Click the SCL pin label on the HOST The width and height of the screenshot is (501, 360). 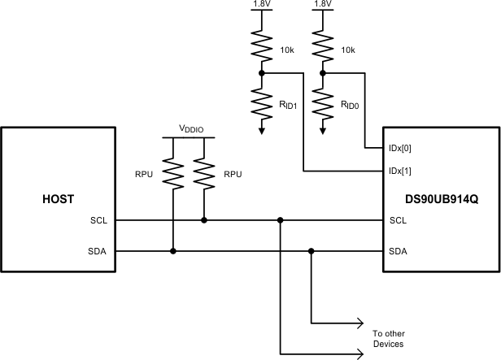(x=99, y=220)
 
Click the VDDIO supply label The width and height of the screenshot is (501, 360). (x=193, y=129)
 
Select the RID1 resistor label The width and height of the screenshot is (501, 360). (x=289, y=104)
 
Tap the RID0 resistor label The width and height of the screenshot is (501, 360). (x=350, y=104)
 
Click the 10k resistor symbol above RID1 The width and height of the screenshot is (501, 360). (x=262, y=42)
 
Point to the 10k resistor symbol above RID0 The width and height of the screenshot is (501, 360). (x=323, y=42)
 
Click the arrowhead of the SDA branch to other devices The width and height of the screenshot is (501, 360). (x=359, y=323)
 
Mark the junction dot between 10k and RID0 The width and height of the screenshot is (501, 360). (x=323, y=72)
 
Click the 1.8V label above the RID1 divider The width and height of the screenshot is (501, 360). (x=262, y=4)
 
